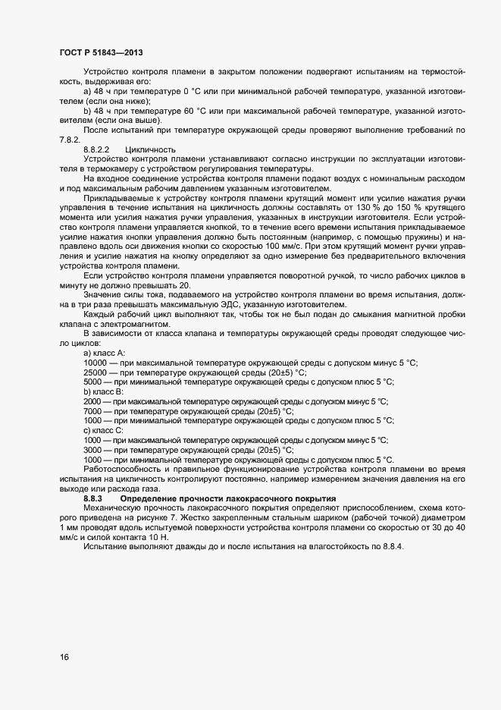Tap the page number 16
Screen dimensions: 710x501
pyautogui.click(x=64, y=657)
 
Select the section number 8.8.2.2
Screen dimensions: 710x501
pyautogui.click(x=97, y=149)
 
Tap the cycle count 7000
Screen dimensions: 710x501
pyautogui.click(x=93, y=410)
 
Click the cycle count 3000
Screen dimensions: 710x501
pyautogui.click(x=93, y=449)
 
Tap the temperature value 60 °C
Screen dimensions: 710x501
pyautogui.click(x=193, y=111)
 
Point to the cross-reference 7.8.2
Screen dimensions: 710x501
pyautogui.click(x=69, y=140)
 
